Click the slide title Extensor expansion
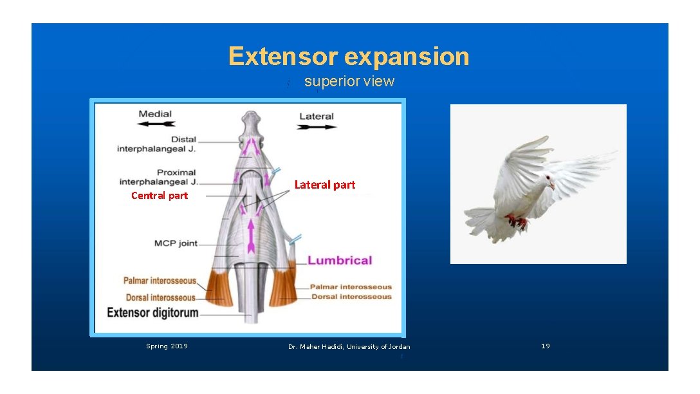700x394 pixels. [349, 57]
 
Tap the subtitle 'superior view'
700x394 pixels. [349, 82]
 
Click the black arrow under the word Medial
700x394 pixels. [156, 124]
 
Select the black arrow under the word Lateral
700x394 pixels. [317, 127]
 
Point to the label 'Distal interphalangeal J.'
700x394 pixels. [156, 144]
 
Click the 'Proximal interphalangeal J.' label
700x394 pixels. [158, 177]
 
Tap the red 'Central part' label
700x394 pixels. [160, 196]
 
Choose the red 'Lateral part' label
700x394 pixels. [325, 185]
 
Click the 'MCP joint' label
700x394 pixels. [176, 243]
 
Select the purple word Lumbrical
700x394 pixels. [340, 261]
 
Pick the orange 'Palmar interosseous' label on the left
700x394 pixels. [160, 281]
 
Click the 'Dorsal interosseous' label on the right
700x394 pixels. [351, 297]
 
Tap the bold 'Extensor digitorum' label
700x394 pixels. [152, 313]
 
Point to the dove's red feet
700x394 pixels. [517, 222]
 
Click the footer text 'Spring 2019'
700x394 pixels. [167, 346]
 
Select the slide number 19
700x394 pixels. [546, 346]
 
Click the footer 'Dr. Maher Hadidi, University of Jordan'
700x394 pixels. [349, 347]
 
